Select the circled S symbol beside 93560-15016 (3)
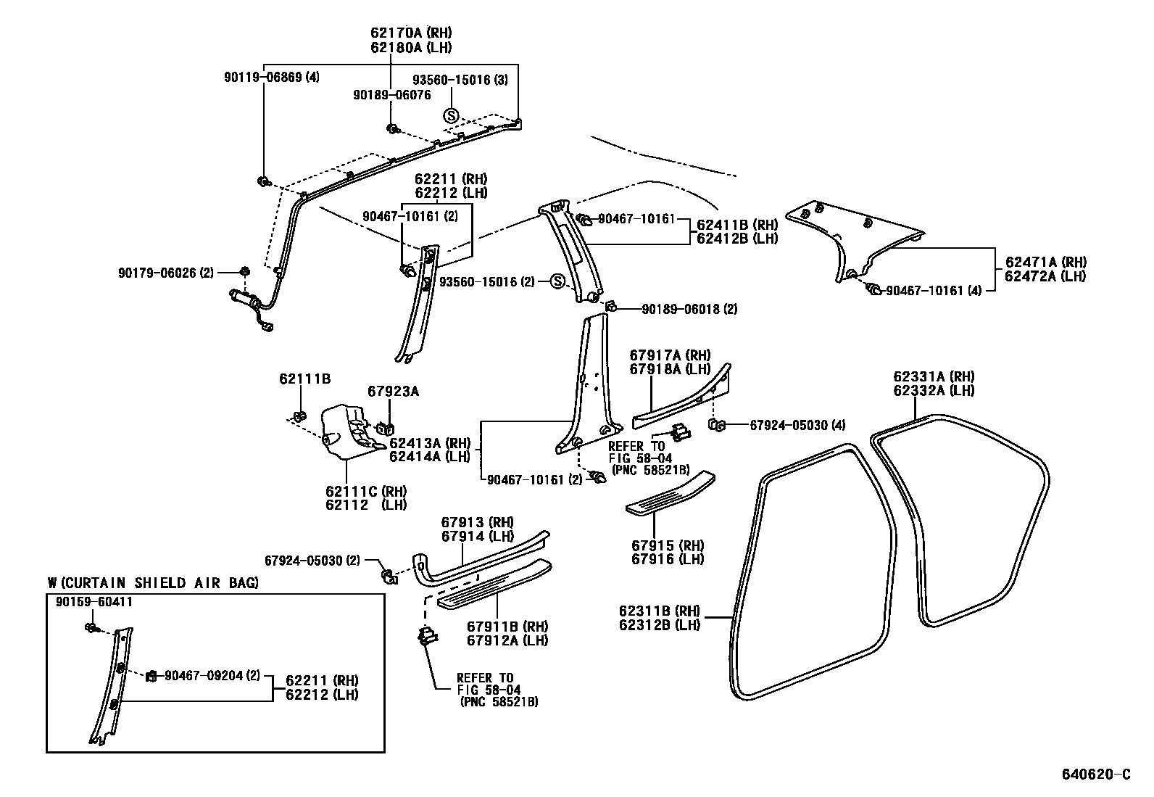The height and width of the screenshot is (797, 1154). [450, 115]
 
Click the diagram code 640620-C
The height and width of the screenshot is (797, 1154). [1097, 774]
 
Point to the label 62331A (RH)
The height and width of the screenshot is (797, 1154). [933, 376]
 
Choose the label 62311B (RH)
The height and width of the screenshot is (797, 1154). [659, 610]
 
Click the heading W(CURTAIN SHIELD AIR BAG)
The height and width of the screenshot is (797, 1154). [152, 582]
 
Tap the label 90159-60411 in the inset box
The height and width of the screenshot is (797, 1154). [94, 602]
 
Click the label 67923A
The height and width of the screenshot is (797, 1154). [393, 392]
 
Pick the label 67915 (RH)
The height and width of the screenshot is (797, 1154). [667, 545]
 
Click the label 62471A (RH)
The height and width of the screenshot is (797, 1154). [1045, 263]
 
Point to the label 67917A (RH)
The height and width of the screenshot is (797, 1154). [670, 355]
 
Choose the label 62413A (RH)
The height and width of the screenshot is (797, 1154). [429, 443]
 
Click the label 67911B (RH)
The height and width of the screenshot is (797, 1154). [507, 627]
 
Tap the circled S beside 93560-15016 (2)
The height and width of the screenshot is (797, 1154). [557, 281]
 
